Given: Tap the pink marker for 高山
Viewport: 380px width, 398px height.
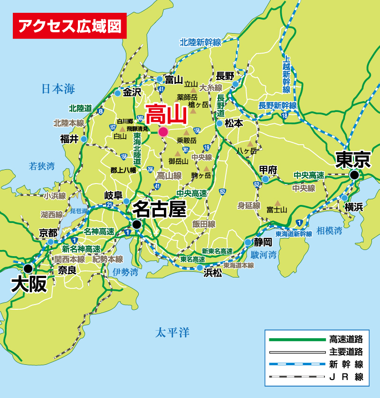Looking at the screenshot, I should tap(163, 131).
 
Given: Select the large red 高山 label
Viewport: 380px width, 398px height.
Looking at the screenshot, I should tap(166, 114).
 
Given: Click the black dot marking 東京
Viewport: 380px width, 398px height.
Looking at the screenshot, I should tap(354, 176).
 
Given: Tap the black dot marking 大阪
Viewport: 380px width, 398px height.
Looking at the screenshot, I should tap(28, 268).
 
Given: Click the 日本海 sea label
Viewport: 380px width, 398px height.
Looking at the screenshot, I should tap(58, 89).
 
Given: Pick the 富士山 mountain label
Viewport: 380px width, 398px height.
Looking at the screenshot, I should tap(276, 209).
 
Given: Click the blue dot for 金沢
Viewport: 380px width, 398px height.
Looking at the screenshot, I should tap(117, 93).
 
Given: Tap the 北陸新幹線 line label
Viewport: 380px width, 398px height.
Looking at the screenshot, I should tap(200, 42).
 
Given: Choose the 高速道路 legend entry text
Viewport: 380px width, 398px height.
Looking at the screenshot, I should tap(346, 339).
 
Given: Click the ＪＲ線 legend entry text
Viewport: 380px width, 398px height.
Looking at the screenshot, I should tap(346, 378).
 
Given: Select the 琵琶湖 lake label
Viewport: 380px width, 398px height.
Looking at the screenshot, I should tap(79, 210).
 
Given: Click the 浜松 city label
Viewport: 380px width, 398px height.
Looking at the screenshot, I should tap(212, 273).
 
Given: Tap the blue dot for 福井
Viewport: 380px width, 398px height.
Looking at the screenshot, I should tap(84, 139).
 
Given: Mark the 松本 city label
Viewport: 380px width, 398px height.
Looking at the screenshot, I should tap(234, 122).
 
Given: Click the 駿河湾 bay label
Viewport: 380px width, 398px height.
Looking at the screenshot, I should tap(264, 255).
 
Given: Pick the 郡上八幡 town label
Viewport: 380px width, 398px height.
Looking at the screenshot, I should tap(123, 169).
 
